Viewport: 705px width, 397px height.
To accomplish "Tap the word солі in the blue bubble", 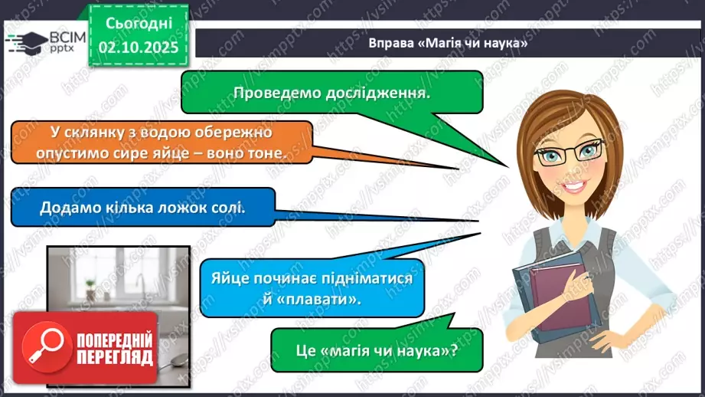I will (x=228, y=207).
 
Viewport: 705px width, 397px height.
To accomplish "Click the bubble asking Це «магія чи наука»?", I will (x=377, y=352).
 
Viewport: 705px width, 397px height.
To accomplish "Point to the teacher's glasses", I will (x=570, y=153).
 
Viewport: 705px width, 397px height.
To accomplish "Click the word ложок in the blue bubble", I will (x=175, y=207).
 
